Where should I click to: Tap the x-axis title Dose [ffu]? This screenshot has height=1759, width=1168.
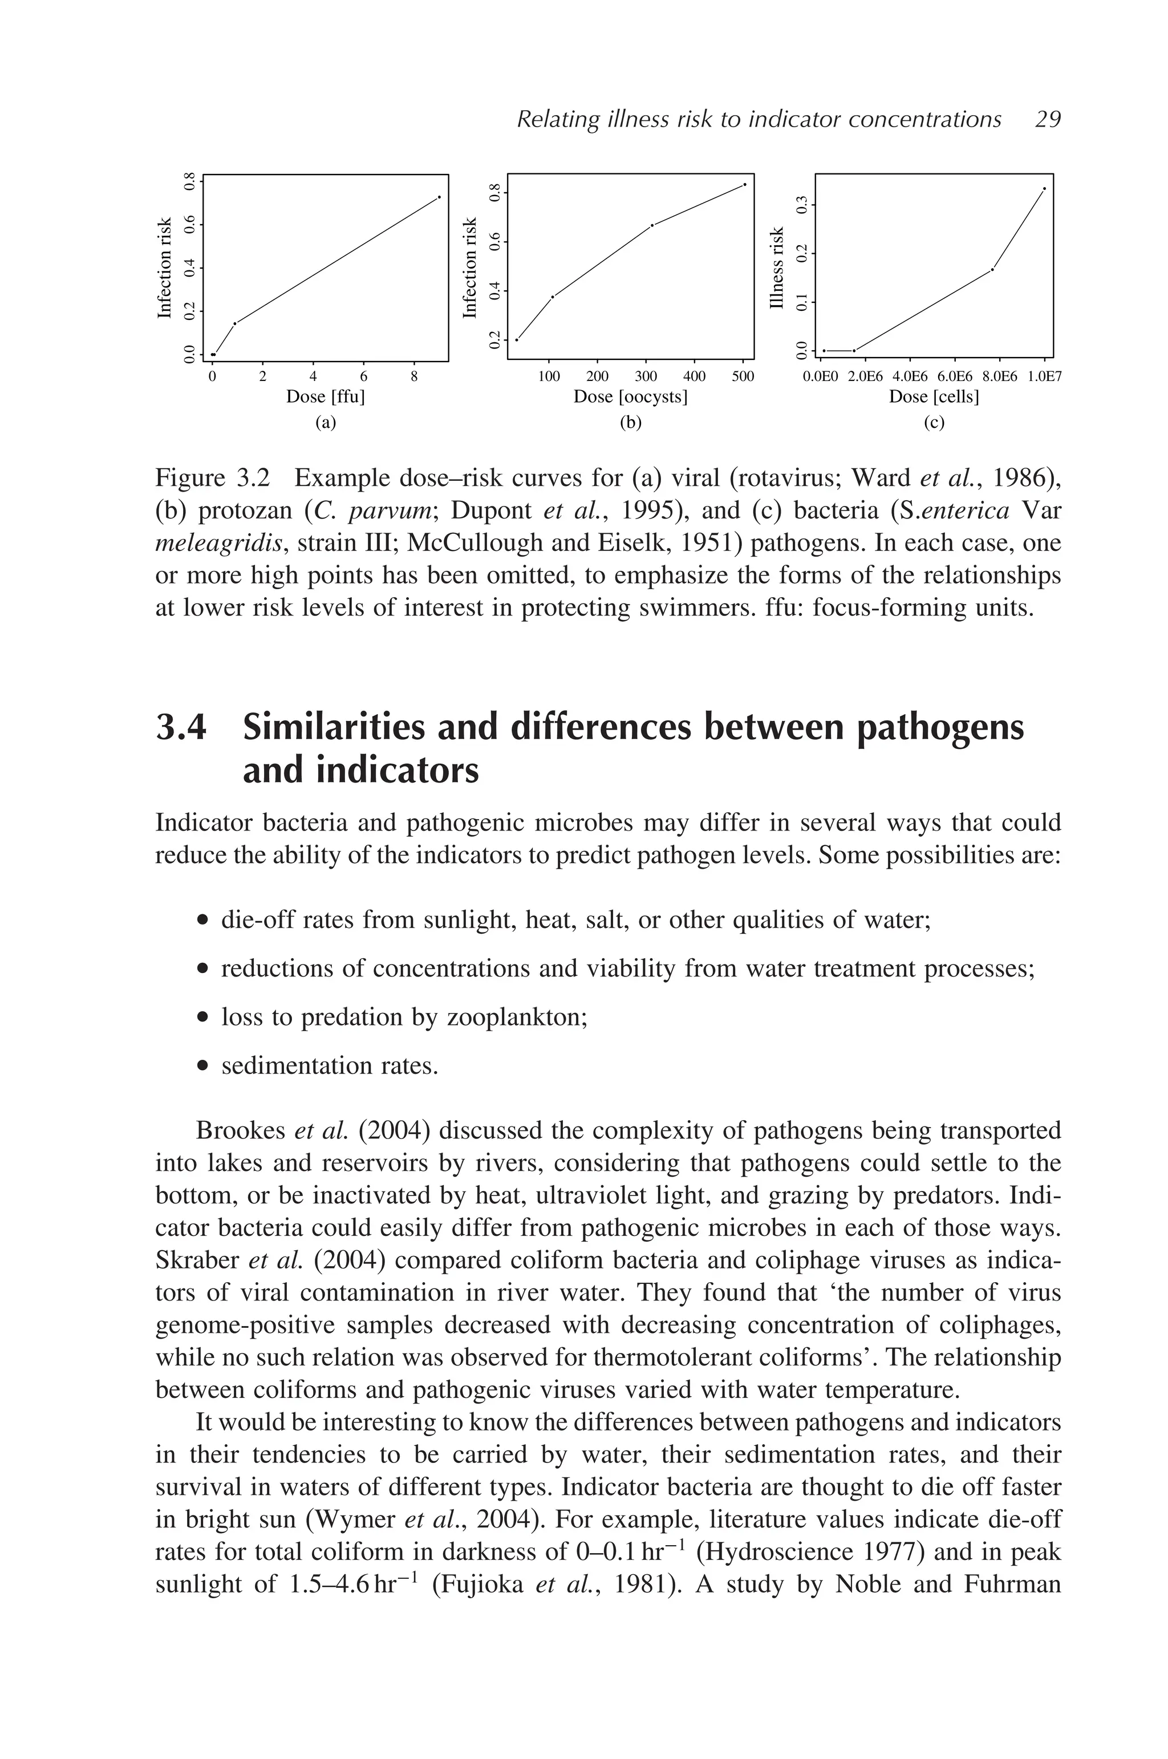coord(326,396)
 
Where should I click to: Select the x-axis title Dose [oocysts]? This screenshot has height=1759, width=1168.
coord(630,396)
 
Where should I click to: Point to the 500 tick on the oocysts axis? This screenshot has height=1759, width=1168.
coord(743,377)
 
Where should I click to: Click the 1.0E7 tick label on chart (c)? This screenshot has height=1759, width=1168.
coord(1044,377)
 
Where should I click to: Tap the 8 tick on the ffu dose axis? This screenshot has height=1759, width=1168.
coord(414,377)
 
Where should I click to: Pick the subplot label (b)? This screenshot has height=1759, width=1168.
coord(630,423)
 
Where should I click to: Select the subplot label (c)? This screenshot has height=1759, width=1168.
coord(934,423)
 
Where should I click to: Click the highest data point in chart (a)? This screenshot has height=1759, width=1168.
coord(440,197)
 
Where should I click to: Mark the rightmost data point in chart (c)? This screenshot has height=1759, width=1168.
coord(1044,188)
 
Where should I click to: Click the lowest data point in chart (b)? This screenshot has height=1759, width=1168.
coord(517,340)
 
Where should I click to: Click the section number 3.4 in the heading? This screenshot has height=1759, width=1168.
coord(181,727)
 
